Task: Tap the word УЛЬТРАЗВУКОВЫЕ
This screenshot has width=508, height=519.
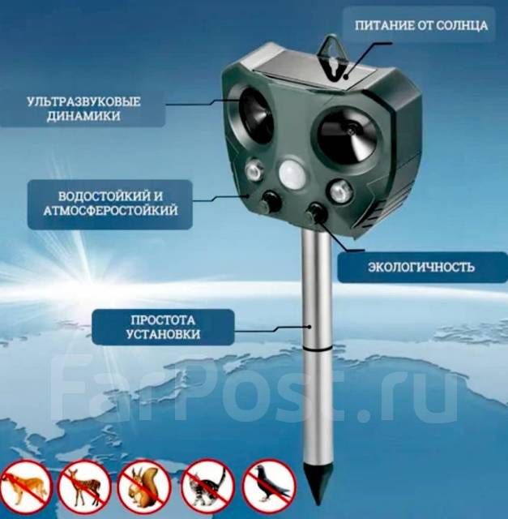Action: (83, 101)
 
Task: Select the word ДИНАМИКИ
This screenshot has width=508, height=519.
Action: (83, 116)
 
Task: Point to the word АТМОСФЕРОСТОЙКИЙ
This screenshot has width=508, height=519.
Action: (110, 211)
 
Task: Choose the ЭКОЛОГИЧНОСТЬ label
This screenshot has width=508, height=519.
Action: (421, 267)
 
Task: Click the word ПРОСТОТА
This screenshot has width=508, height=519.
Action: (163, 320)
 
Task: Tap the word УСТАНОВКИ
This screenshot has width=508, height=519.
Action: (163, 334)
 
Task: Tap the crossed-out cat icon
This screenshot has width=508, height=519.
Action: (208, 486)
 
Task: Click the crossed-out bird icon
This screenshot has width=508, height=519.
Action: (270, 486)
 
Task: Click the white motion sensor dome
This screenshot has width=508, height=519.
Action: (292, 174)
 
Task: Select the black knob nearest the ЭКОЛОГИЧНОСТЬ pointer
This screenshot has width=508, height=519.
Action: (317, 212)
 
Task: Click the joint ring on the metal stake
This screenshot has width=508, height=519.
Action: (318, 349)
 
